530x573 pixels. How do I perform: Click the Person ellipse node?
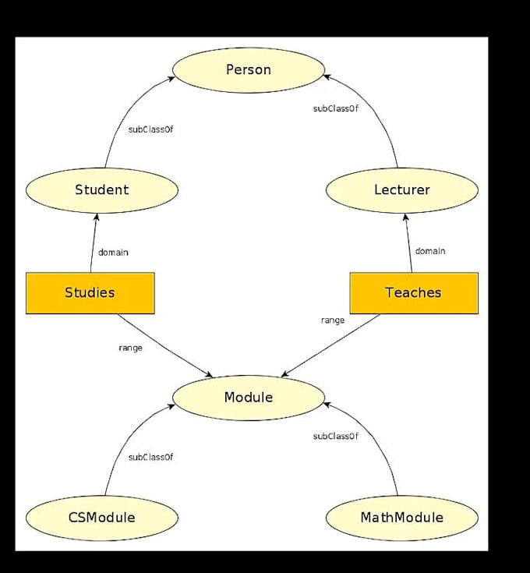click(249, 70)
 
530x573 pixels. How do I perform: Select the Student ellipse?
click(101, 189)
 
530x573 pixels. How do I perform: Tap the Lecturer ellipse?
click(401, 189)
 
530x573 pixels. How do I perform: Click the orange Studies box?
click(90, 293)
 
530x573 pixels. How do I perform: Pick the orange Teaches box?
click(413, 293)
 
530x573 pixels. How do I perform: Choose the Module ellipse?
click(249, 398)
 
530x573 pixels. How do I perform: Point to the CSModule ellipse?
click(101, 518)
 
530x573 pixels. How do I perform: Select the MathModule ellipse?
click(401, 518)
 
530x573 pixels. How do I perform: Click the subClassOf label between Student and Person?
click(150, 129)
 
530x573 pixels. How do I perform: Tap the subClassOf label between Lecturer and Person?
click(336, 108)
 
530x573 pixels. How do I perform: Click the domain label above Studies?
click(113, 252)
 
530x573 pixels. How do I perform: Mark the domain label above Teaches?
click(430, 251)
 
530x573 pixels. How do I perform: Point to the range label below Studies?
click(130, 348)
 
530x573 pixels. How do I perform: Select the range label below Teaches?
click(333, 320)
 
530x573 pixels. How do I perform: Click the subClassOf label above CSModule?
click(150, 457)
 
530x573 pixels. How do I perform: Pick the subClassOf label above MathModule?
click(336, 437)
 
